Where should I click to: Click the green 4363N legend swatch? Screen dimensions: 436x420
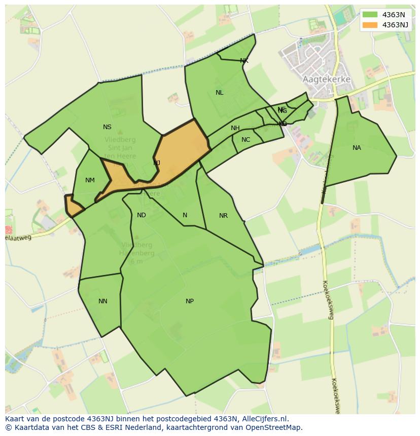click(x=370, y=15)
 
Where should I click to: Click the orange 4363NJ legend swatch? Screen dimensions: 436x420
click(x=370, y=25)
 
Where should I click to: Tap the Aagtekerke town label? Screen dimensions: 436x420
click(x=327, y=80)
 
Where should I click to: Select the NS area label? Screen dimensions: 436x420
click(x=107, y=127)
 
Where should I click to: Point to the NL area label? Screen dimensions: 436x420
click(x=219, y=93)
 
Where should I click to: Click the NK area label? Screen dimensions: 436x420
click(x=244, y=61)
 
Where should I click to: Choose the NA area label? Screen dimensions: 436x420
click(x=357, y=148)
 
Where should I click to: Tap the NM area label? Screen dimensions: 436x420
click(x=90, y=180)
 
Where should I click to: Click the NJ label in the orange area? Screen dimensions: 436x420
click(x=157, y=163)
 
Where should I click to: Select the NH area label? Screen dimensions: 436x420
click(x=235, y=128)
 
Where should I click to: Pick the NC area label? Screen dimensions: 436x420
click(x=246, y=140)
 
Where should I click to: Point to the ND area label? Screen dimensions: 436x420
click(x=142, y=215)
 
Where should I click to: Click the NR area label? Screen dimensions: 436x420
click(x=223, y=216)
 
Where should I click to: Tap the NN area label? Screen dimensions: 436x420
click(x=102, y=301)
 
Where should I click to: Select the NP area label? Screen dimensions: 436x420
click(x=189, y=301)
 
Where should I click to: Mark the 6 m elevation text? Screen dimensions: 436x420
click(x=136, y=261)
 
